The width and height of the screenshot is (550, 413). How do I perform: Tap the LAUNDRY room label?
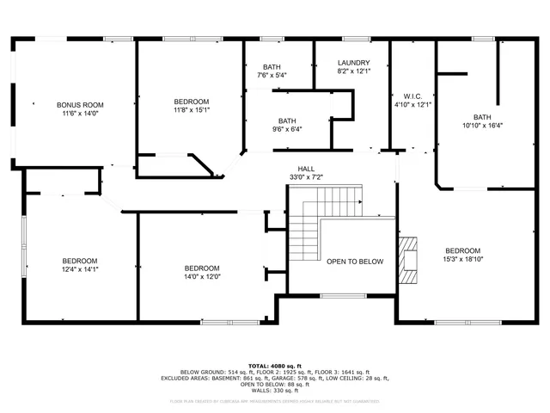353,63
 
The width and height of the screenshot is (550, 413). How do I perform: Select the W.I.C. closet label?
411,96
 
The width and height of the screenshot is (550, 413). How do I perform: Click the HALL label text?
306,169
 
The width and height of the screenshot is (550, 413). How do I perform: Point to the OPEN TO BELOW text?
355,262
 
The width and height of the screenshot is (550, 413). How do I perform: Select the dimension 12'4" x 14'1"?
79,269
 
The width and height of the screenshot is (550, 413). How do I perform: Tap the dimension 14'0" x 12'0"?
202,276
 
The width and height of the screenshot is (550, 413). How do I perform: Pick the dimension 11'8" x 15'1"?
191,109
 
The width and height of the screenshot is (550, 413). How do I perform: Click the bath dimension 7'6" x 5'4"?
272,75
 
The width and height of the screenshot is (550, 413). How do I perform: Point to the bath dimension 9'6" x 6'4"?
287,129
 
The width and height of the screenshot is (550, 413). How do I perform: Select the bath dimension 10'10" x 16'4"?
482,126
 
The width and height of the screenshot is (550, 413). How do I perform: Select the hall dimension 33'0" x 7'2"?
306,177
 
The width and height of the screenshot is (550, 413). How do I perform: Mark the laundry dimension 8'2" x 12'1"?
353,71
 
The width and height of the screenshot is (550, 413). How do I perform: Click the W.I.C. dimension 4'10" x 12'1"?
411,105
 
